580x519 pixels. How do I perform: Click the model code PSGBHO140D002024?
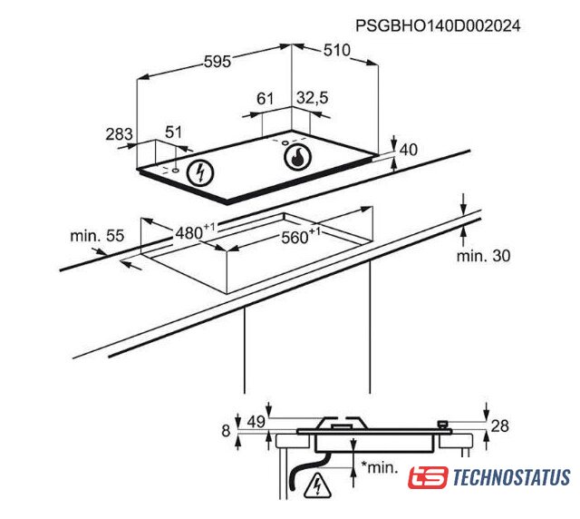point(438,26)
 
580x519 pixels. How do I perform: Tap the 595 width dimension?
point(217,62)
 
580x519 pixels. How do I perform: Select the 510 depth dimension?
point(336,50)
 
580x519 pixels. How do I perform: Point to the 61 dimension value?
point(266,99)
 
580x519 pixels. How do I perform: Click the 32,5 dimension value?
point(312,98)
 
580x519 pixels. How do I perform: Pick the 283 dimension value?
point(119,134)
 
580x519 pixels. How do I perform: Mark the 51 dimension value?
point(173,132)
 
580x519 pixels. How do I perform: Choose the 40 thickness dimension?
point(409,150)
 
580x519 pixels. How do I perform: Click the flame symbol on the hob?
point(297,157)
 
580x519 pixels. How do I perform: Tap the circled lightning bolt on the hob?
point(200,173)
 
